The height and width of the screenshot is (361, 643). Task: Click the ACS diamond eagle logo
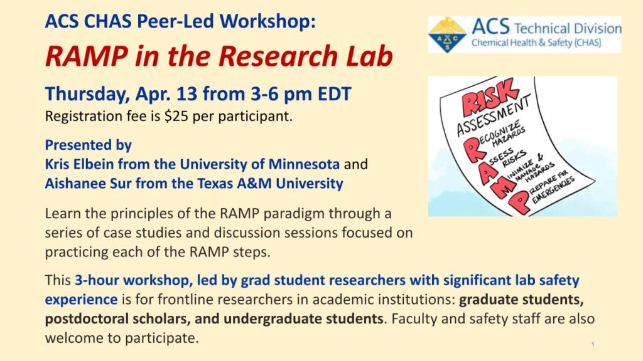[x=446, y=35]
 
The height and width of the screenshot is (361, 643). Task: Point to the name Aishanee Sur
[x=88, y=184]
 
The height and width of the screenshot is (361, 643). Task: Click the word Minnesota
[x=304, y=164]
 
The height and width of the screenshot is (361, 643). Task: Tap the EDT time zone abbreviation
[x=335, y=94]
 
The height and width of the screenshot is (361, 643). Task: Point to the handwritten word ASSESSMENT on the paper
[x=494, y=115]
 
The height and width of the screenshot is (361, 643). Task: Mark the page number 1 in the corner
[x=593, y=345]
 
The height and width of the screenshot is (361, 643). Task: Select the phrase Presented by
[x=88, y=145]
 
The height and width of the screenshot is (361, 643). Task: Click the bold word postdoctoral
[x=87, y=319]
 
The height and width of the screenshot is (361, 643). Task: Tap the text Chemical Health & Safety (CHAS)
[x=536, y=43]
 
